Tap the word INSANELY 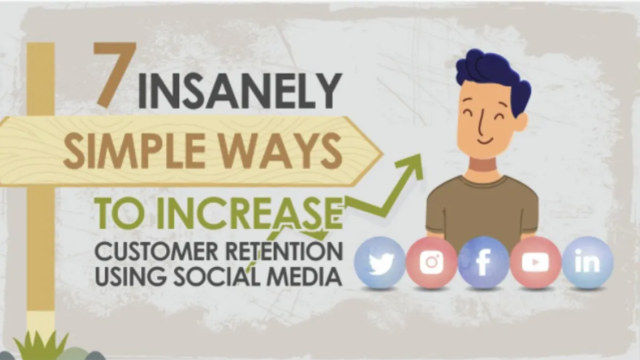pos(239,91)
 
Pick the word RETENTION pos(283,251)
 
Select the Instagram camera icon pos(431,262)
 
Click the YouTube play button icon pos(535,262)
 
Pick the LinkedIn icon pos(587,261)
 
